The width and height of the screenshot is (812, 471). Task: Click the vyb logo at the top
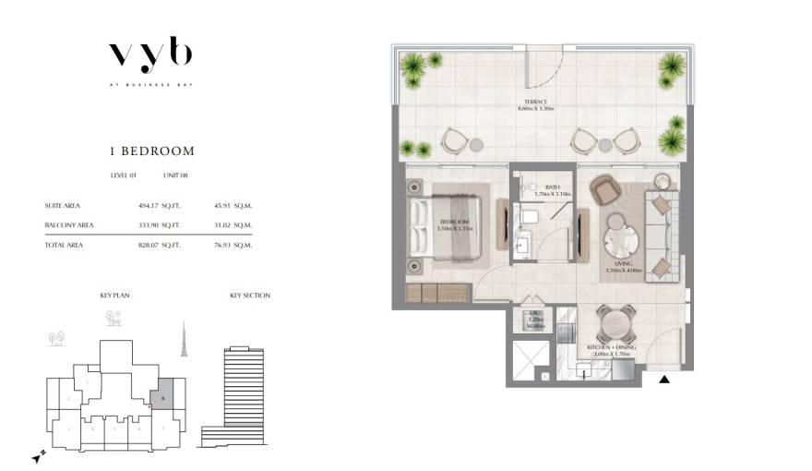(x=150, y=55)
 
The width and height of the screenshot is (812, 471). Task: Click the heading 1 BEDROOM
(x=151, y=151)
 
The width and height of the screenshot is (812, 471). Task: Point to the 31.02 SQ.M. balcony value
(x=230, y=224)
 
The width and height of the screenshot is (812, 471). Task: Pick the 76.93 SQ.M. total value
(x=230, y=245)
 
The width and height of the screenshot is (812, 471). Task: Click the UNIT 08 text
(x=175, y=175)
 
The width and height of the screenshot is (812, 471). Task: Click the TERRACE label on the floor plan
(x=533, y=103)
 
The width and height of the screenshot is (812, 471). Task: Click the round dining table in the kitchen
(x=613, y=323)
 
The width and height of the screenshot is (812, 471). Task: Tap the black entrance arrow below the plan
(x=663, y=379)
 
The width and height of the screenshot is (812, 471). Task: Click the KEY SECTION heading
(x=249, y=296)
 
